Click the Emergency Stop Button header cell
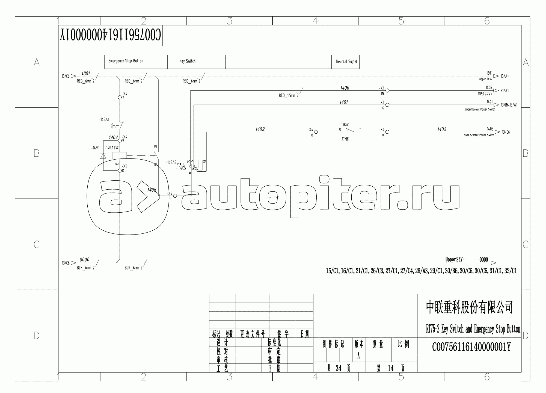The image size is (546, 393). coord(126,61)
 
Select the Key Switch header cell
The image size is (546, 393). coord(187,61)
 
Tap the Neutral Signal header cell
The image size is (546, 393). coord(346,61)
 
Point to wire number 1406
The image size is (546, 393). coord(345,88)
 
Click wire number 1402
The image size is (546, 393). coord(260,129)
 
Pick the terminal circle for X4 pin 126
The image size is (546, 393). coord(387,90)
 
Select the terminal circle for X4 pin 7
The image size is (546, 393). coord(120,97)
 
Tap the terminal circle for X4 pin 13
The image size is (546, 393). coord(316,132)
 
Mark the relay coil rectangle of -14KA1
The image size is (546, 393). coord(120,156)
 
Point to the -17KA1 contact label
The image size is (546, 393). coord(345,125)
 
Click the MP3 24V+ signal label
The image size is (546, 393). coord(485,94)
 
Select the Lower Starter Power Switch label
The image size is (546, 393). coord(478,135)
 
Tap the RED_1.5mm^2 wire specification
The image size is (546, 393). coord(289,96)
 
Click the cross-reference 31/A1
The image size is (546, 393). coord(505,91)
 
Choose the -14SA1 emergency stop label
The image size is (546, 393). coord(104,120)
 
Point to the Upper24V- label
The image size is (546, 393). coord(455,260)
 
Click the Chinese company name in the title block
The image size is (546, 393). coord(469,307)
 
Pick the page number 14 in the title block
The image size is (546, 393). coord(391,368)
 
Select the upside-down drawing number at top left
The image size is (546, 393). coord(110,36)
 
